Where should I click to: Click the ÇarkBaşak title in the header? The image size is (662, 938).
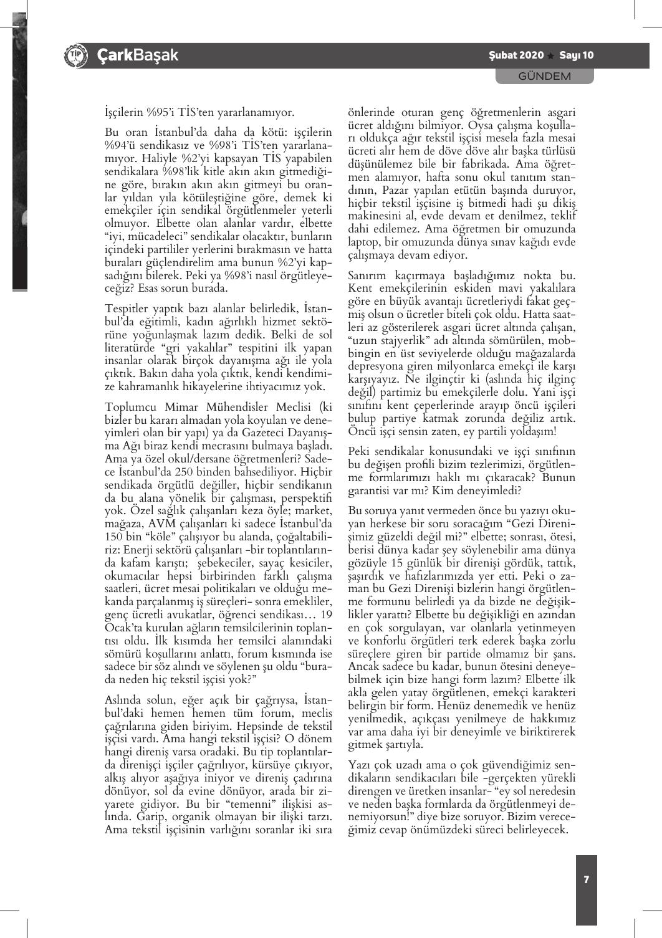pos(138,55)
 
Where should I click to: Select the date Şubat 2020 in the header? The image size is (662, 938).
pos(516,55)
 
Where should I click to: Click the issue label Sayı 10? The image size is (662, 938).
pos(577,55)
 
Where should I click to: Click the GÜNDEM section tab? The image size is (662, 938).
pos(544,77)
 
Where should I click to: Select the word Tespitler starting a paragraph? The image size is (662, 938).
pos(127,309)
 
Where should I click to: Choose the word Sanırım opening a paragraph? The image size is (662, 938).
pos(370,276)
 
